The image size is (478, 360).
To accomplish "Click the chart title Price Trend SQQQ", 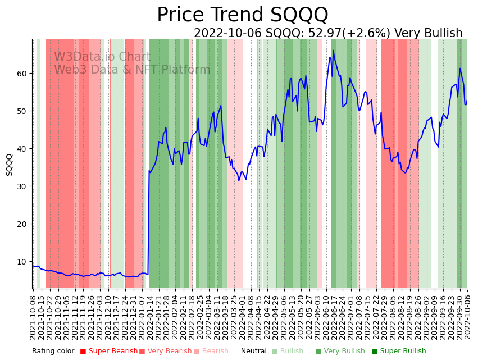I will pos(242,15).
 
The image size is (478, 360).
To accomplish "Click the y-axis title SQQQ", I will pos(10,165).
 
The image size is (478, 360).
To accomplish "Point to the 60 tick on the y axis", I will pos(23,74).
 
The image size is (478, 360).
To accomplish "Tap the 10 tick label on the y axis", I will pos(23,262).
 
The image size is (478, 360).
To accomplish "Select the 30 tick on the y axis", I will pos(23,186).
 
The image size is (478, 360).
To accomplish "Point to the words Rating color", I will pos(53,352).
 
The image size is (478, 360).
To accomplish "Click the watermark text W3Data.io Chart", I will pos(102,57).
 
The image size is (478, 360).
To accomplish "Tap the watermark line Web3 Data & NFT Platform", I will pos(132,70).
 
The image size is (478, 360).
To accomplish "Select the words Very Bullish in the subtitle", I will pos(429,34).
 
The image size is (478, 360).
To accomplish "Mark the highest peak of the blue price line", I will pos(333,51).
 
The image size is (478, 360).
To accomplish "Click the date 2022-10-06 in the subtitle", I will pos(228,34).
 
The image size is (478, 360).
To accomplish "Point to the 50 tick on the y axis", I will pos(23,111).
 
